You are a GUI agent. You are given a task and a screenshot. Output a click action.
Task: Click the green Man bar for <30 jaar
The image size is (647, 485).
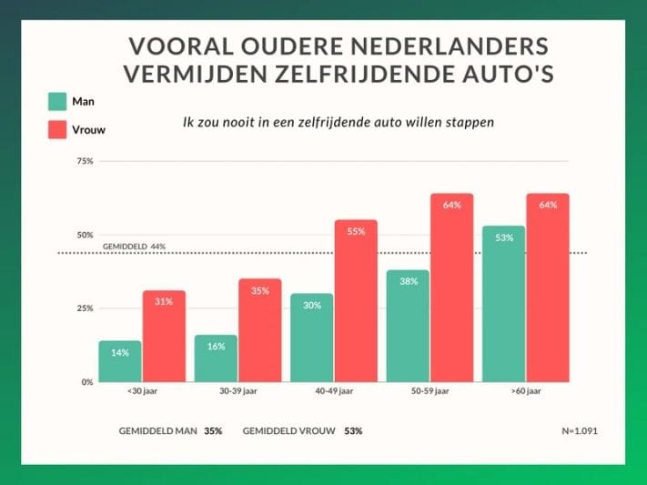coord(120,361)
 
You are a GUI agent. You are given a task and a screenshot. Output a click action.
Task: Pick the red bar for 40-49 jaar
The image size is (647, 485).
coord(356,301)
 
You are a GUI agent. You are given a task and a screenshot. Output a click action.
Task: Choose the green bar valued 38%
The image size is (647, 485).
coord(408,327)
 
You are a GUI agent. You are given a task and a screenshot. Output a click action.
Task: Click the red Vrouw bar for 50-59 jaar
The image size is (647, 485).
coord(452,288)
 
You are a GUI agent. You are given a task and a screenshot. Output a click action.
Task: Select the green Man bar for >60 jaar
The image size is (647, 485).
coord(503,304)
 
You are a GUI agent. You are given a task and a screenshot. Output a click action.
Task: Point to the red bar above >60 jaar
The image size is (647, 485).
coord(548,288)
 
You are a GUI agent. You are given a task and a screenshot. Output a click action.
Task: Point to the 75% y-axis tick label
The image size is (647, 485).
coord(85,161)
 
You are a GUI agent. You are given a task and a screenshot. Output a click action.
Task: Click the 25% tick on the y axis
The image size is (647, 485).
coord(85,308)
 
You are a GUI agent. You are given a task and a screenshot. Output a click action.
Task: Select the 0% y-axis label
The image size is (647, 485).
coord(87,382)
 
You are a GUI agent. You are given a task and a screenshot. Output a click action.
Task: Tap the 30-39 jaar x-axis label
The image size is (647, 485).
coord(239,391)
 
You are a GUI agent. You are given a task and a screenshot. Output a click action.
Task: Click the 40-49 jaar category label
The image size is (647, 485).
coord(334,391)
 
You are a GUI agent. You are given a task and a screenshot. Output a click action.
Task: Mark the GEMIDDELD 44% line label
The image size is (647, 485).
coord(134,247)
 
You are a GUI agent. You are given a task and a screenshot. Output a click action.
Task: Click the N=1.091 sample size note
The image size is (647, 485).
coord(580,430)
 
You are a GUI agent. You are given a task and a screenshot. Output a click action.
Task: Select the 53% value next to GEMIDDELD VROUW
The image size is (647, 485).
coord(353,430)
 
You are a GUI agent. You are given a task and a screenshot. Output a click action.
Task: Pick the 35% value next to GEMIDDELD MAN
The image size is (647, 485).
coord(214,430)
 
